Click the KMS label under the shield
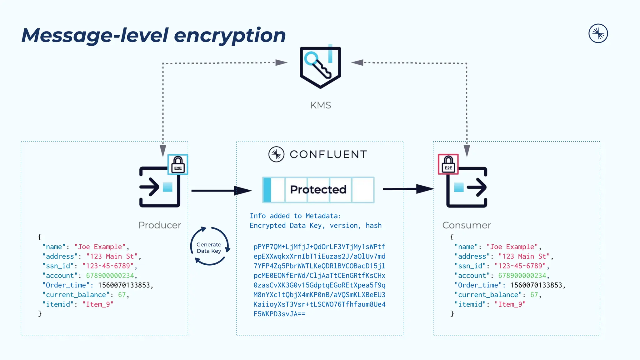[320, 105]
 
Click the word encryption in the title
[230, 35]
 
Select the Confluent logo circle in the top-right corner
[598, 33]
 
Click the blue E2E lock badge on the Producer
[178, 164]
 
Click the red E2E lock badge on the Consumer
[448, 164]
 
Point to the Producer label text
[160, 225]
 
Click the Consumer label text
[467, 225]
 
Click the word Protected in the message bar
[318, 189]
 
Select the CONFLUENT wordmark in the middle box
[328, 154]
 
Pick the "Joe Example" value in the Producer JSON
[100, 247]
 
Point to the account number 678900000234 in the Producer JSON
[110, 276]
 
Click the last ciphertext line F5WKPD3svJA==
[279, 314]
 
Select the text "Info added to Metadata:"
[295, 216]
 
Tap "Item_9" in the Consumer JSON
[510, 304]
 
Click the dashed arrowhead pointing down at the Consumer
[467, 150]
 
